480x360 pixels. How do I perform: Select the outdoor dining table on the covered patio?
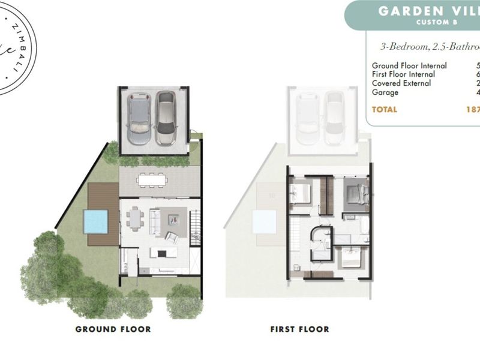point(150,179)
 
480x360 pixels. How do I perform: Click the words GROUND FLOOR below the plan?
point(113,329)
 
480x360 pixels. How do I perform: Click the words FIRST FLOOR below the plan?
point(300,329)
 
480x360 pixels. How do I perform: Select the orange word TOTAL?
point(385,110)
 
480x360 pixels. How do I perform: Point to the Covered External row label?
point(401,83)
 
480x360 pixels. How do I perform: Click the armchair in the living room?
point(172,236)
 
